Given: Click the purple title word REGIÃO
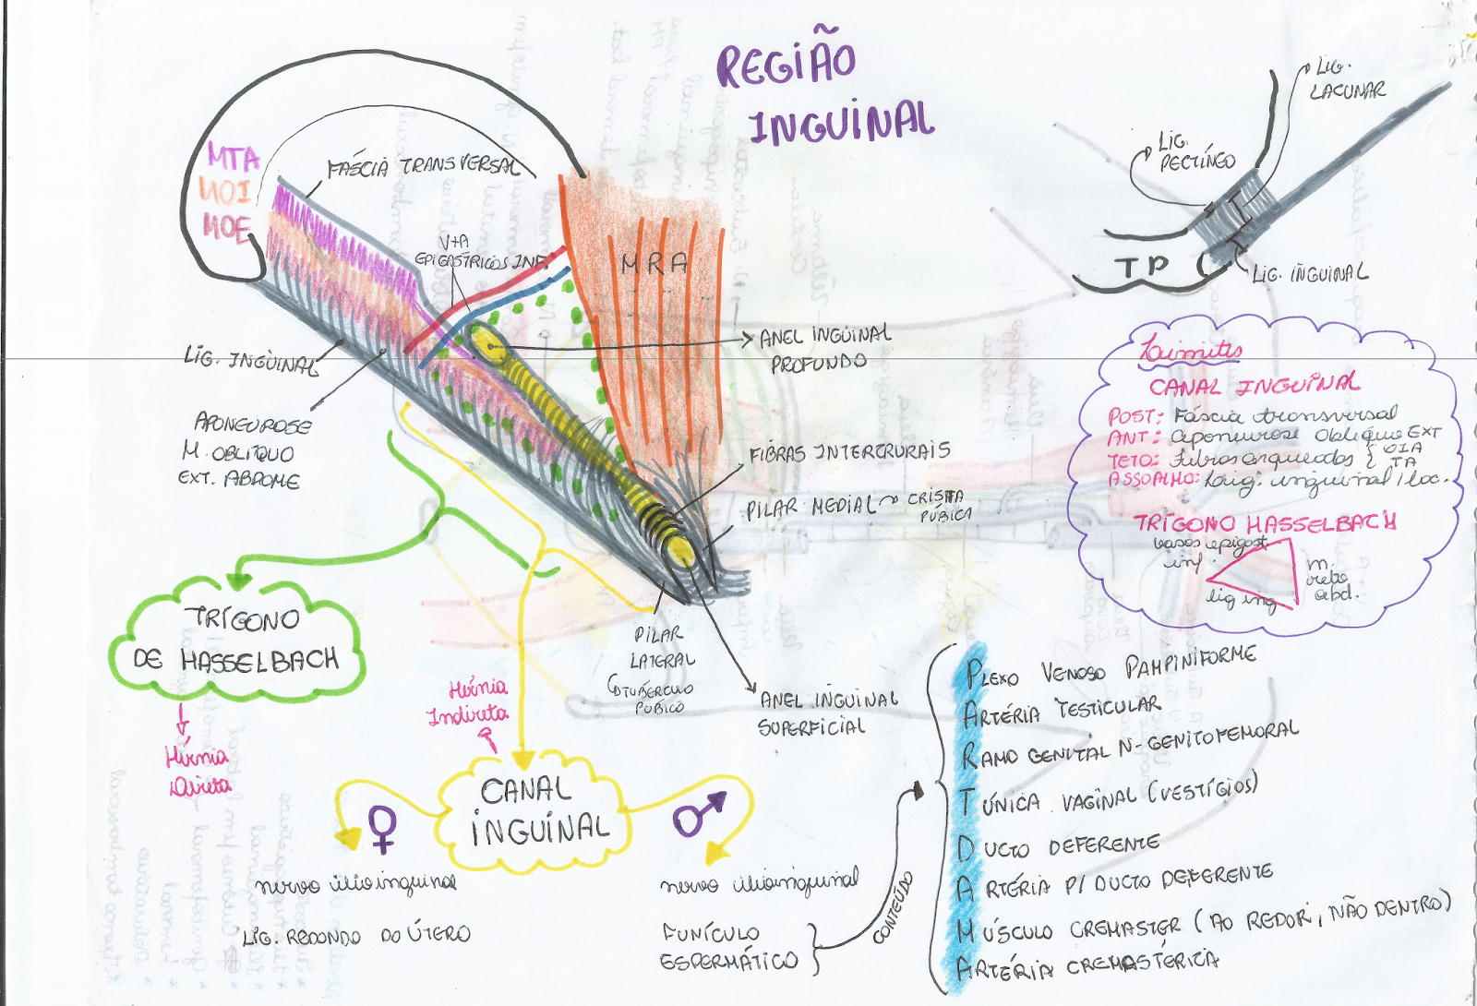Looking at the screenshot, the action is point(787,65).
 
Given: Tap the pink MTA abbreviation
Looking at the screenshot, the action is point(233,157).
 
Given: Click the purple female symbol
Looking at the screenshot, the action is point(383,828).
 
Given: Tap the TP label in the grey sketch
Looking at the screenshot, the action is point(1142,267).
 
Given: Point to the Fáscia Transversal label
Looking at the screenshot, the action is point(421,166).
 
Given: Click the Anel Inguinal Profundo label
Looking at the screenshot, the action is point(823,348).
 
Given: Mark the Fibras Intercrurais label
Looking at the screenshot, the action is point(849,451).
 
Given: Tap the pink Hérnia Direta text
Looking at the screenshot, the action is point(198,772).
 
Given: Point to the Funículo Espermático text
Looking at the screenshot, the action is point(728,947).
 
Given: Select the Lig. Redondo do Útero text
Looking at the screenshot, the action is point(356,935).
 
